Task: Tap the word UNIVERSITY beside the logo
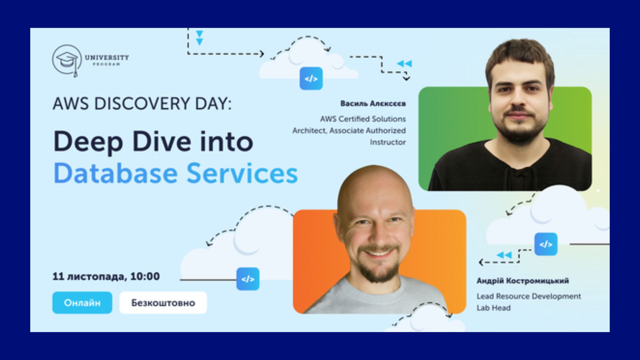tap(107, 57)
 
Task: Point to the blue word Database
tap(115, 173)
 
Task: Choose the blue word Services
tap(242, 173)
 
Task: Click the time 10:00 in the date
tap(145, 276)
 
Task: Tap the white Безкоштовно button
tap(163, 303)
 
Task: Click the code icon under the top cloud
tap(311, 79)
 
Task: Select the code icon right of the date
tap(248, 279)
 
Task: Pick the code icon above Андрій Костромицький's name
tap(546, 244)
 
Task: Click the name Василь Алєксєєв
tap(373, 103)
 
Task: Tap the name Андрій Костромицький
tap(523, 281)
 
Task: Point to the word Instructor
tap(388, 142)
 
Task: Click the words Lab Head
tap(493, 308)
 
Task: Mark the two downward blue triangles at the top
tap(199, 38)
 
